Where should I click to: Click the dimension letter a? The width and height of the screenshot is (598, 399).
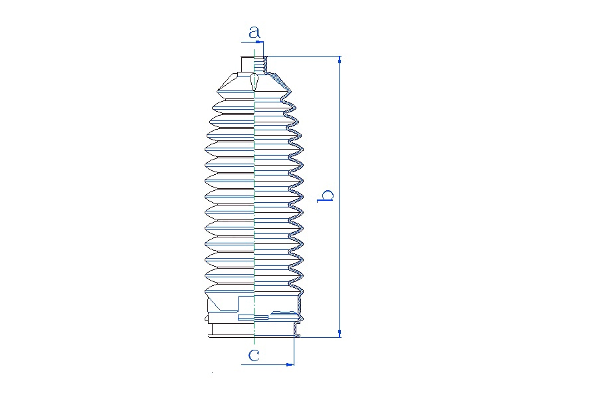254,32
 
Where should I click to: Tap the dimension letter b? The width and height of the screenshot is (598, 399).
326,196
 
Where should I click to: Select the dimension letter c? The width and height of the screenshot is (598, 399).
254,356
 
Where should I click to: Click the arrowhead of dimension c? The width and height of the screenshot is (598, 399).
290,364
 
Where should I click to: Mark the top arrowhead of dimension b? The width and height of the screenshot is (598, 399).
340,60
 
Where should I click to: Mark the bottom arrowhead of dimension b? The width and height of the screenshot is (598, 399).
340,333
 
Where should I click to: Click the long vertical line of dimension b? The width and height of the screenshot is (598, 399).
340,197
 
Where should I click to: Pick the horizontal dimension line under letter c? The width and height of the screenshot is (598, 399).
267,364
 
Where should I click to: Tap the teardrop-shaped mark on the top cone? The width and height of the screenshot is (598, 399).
254,81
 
